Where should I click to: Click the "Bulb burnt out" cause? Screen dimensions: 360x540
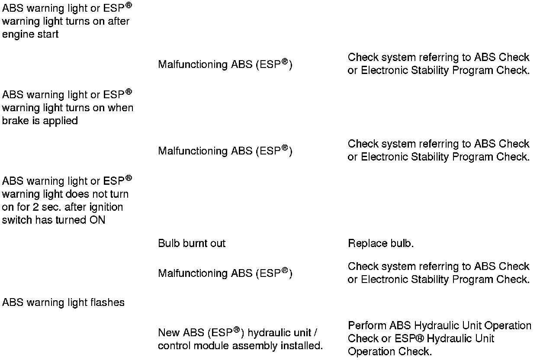point(192,244)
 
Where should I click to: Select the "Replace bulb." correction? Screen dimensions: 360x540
point(381,244)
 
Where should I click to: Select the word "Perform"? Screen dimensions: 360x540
point(367,325)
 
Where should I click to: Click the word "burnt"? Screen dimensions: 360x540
point(195,244)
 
